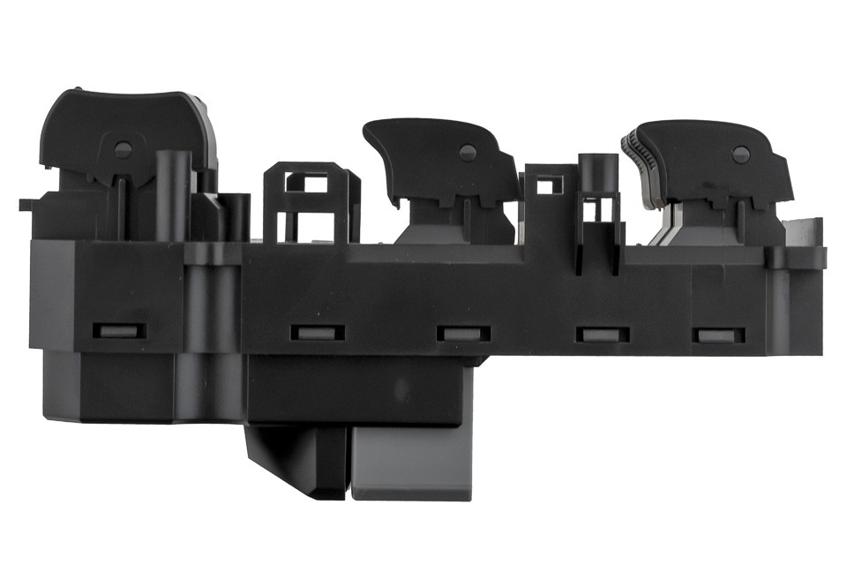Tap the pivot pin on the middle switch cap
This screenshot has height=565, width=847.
click(468, 153)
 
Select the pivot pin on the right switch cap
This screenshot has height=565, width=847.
click(739, 154)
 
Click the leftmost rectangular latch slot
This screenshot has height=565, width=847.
click(117, 332)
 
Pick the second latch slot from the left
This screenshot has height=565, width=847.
click(316, 334)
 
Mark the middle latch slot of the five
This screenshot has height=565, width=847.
click(463, 335)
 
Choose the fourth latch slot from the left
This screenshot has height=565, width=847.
click(603, 335)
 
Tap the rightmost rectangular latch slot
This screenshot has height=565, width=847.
click(718, 335)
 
